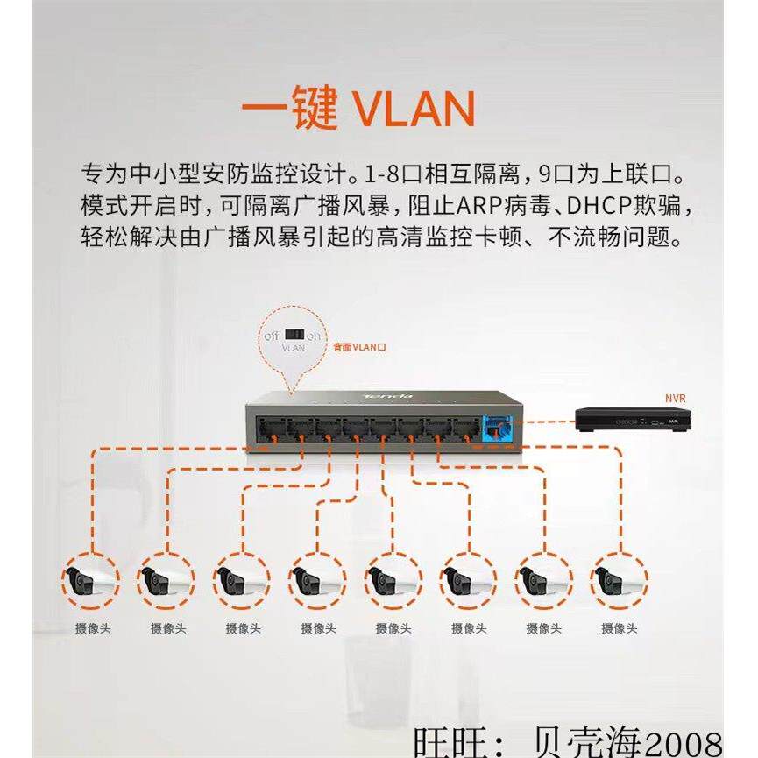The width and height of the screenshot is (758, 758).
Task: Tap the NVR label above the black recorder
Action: point(675,399)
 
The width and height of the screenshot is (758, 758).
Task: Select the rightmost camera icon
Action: point(619,580)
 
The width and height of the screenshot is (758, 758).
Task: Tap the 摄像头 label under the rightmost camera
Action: point(620,628)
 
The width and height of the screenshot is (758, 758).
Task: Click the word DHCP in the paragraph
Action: point(597,208)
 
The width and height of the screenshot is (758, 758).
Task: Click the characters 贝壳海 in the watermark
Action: point(596,739)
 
